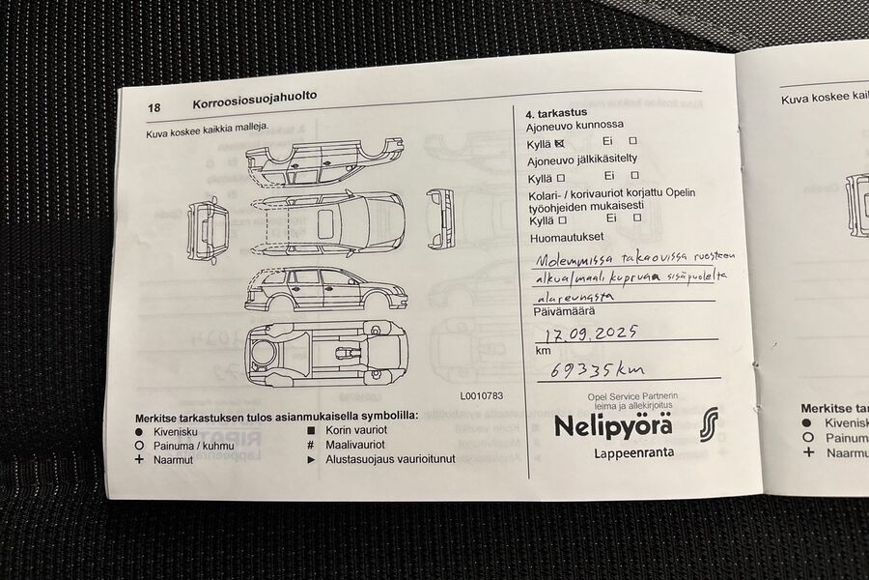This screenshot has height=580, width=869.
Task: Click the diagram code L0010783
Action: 481,395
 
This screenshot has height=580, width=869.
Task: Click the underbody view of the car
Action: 324,352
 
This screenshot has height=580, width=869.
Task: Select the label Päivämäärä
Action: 564,311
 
